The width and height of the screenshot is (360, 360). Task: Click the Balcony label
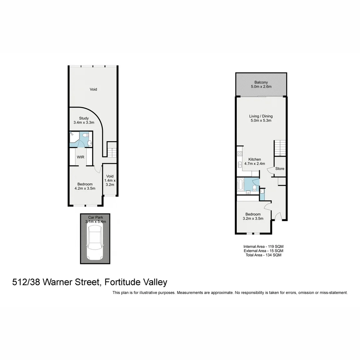[x=261, y=82]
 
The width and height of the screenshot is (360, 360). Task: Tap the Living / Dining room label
[x=261, y=116]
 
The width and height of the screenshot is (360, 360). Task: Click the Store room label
[x=280, y=169]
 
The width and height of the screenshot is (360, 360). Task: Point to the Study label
[x=84, y=118]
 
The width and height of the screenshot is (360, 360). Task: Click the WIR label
[x=80, y=157]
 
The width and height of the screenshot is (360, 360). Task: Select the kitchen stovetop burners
[x=239, y=154]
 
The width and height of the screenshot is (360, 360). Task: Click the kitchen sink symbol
[x=239, y=164]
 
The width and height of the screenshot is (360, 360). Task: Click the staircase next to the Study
[x=112, y=150]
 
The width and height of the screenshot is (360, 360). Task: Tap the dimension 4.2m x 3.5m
[x=85, y=188]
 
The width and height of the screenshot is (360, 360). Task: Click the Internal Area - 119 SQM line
[x=263, y=246]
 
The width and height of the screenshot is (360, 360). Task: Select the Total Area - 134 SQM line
[x=263, y=255]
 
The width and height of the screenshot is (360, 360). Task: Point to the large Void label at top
[x=93, y=89]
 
